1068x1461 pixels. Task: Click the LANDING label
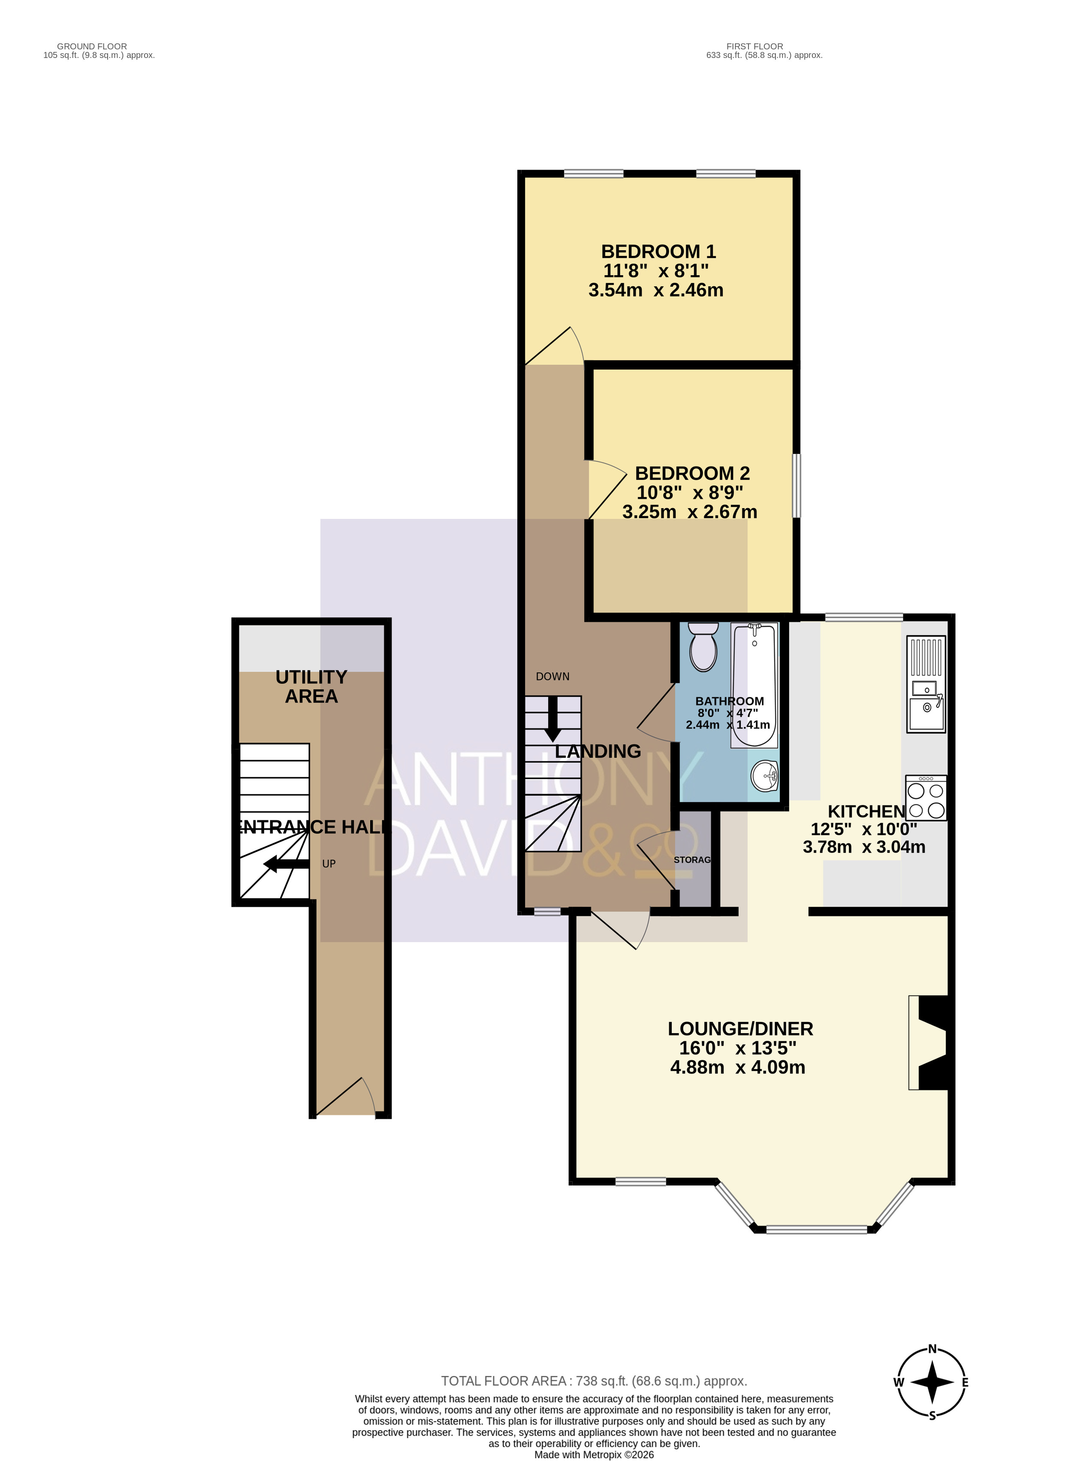click(598, 752)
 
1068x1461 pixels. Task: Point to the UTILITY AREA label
click(312, 687)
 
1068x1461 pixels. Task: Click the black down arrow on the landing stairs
click(553, 718)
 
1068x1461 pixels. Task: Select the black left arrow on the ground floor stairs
click(286, 864)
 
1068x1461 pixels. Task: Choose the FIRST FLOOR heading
click(754, 46)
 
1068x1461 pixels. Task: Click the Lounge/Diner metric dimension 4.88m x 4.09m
click(738, 1068)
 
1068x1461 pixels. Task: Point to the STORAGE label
click(692, 860)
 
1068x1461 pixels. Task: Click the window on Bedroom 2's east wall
click(796, 485)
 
